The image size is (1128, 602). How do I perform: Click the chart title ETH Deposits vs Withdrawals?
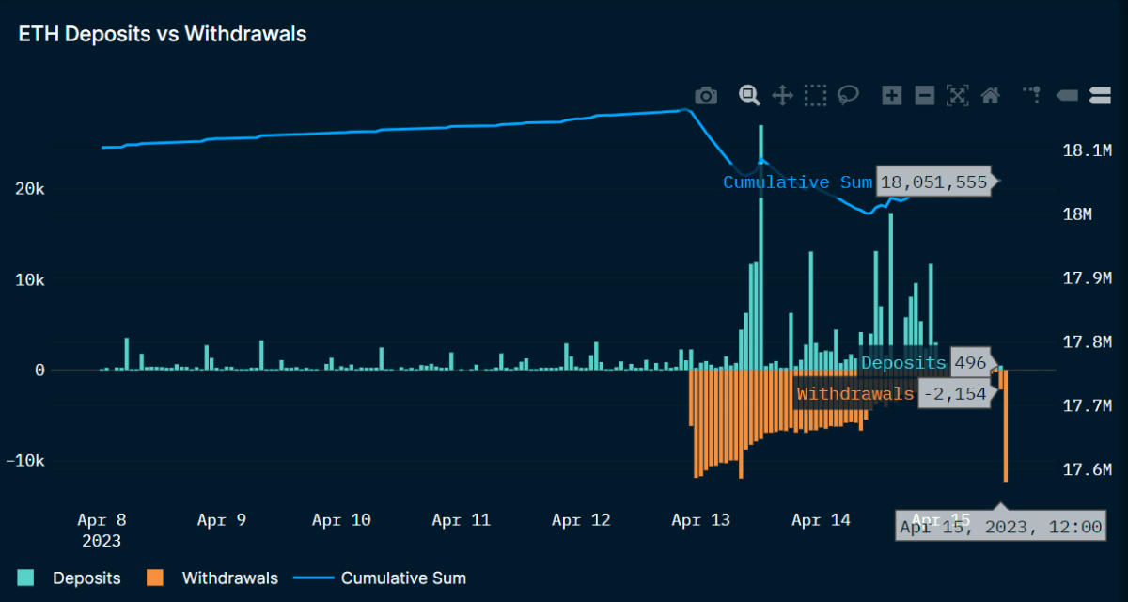coord(163,35)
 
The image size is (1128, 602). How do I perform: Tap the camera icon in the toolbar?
coord(706,95)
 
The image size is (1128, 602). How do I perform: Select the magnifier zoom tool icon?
coord(748,95)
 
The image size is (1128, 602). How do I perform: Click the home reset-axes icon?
coord(990,95)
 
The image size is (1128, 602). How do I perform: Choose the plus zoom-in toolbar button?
coord(892,95)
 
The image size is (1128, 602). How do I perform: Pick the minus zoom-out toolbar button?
coord(925,95)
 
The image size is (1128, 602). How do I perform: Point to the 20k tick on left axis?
coord(28,189)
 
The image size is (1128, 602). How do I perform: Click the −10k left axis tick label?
coord(24,462)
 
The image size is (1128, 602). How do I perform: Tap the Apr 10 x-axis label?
coord(341,520)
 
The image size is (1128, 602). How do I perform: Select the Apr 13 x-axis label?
coord(701,520)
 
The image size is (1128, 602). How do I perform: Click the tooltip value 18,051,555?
coord(933,182)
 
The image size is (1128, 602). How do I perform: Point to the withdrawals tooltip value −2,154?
coord(955,394)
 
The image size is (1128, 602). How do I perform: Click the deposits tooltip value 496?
coord(969,363)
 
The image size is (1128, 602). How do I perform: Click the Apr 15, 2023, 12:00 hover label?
coord(1000,528)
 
